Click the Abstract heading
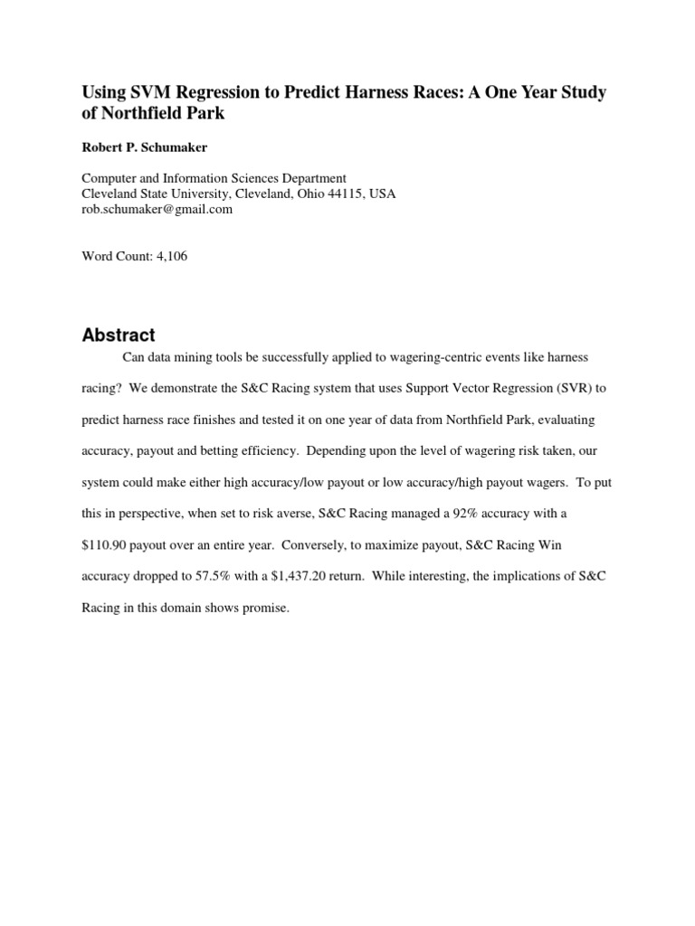119,335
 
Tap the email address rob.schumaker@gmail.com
157,209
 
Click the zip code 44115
352,194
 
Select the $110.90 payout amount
108,545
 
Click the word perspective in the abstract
138,514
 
